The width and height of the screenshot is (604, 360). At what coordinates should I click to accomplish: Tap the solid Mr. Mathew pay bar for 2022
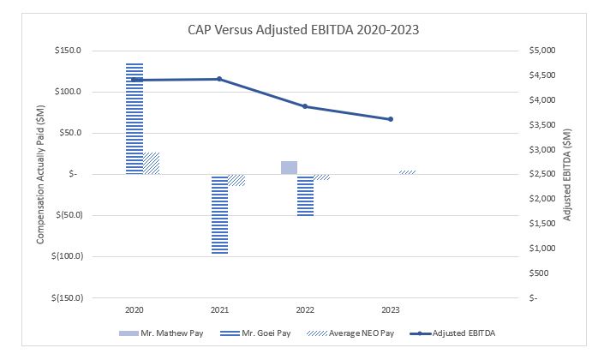(x=290, y=167)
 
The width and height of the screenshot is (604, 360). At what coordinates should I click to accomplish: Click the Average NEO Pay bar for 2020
(x=152, y=164)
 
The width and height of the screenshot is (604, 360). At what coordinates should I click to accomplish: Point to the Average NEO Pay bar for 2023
(x=408, y=171)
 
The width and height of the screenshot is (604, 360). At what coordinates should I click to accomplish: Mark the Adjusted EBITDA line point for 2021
(x=220, y=79)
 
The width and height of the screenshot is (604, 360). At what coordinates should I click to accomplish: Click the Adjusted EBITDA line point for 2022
(x=306, y=106)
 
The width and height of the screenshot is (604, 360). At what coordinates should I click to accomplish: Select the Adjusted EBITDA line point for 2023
(x=391, y=119)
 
